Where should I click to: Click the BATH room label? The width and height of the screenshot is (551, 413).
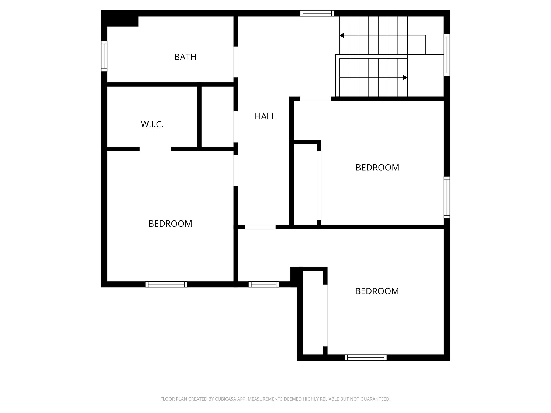[185, 57]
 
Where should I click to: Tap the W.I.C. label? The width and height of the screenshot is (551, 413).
[152, 124]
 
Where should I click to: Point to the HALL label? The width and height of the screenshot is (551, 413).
[265, 116]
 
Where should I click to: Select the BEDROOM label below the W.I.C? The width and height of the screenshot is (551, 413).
[170, 224]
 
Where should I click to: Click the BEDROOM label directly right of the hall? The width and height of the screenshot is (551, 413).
[377, 168]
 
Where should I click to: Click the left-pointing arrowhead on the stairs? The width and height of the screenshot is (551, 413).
[342, 35]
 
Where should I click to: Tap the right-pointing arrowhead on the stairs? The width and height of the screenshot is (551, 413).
[405, 77]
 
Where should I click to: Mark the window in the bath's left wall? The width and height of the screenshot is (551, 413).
[104, 56]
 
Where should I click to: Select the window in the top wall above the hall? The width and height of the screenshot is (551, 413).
[317, 13]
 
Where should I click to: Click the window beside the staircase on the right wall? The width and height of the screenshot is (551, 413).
[447, 55]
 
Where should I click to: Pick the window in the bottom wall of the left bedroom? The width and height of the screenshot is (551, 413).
[166, 284]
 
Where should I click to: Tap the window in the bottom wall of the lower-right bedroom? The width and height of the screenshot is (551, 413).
[366, 357]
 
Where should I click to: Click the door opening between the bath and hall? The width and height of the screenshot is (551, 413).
[235, 62]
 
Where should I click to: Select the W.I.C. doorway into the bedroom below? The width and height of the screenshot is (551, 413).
[155, 149]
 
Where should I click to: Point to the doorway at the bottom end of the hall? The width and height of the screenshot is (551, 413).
[260, 227]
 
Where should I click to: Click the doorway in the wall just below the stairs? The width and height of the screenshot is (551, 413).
[315, 99]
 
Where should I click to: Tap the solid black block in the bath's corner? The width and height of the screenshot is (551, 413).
[123, 21]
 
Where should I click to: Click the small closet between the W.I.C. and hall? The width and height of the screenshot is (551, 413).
[217, 116]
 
